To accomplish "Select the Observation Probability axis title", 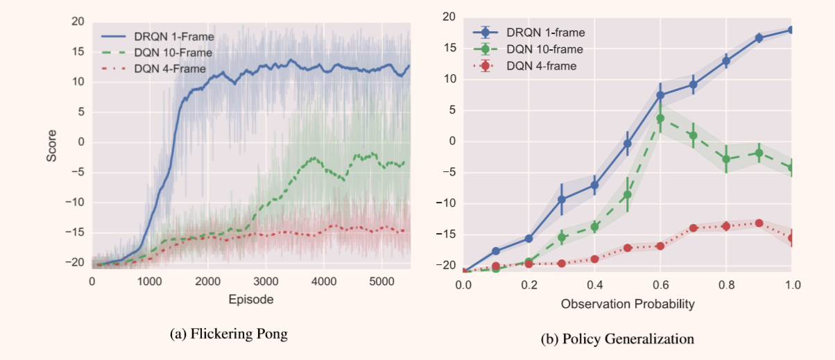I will (628, 304).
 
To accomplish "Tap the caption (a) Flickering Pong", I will (229, 334).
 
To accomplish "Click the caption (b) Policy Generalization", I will (617, 338).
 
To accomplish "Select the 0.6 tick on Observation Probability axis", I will (660, 285).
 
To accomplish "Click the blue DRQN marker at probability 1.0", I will (791, 30).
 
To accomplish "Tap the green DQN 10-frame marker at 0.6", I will (660, 119).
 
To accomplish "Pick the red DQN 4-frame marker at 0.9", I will (759, 223).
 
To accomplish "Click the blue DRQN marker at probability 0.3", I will (562, 200).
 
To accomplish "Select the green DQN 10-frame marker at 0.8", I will (726, 159).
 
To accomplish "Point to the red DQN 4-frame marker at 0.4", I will (594, 259).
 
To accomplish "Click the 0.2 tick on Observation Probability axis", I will (529, 285).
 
